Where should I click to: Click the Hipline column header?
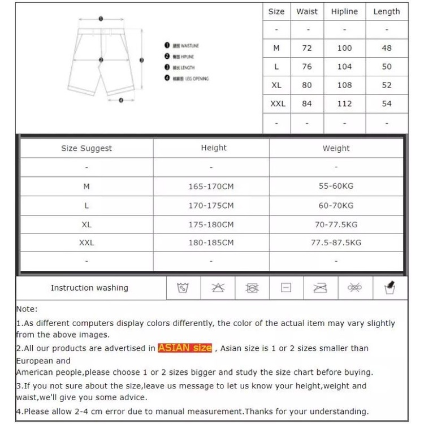pos(344,11)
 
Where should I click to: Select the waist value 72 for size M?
pos(307,48)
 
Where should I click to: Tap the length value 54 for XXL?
pos(387,103)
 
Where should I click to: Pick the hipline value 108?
pos(344,85)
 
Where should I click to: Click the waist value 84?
pos(307,103)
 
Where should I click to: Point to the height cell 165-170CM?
pos(211,186)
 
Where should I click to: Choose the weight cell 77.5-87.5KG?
pos(336,243)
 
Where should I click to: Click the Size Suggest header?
pos(86,148)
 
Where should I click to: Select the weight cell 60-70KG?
pos(336,205)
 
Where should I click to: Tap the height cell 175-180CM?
pos(211,224)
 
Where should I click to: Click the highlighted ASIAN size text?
pos(185,348)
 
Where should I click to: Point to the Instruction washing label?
pos(89,288)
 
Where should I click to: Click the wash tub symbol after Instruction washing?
pos(183,288)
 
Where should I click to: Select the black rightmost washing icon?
pos(390,287)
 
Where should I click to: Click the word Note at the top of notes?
pos(26,309)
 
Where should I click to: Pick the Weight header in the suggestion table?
pos(336,148)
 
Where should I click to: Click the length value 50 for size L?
pos(387,67)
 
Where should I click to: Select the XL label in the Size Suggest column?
pos(86,224)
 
